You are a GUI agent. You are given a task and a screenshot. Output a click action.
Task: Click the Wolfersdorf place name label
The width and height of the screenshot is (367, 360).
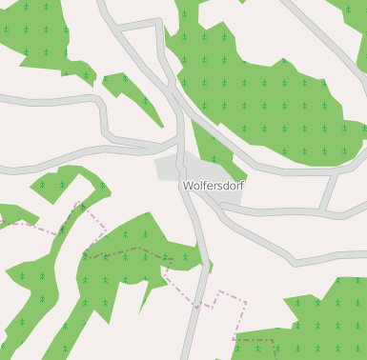(x=213, y=186)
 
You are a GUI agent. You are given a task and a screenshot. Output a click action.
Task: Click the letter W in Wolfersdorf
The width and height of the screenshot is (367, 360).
(x=188, y=186)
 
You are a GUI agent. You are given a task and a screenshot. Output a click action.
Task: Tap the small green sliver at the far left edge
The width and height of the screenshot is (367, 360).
(x=11, y=215)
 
